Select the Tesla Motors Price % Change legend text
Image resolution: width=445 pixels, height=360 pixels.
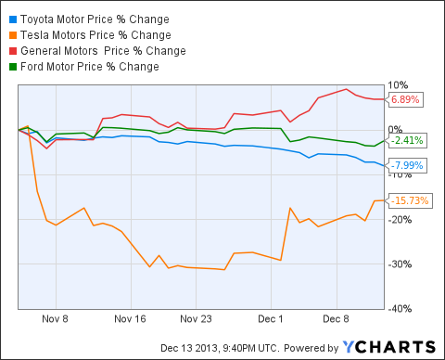tap(88, 33)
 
